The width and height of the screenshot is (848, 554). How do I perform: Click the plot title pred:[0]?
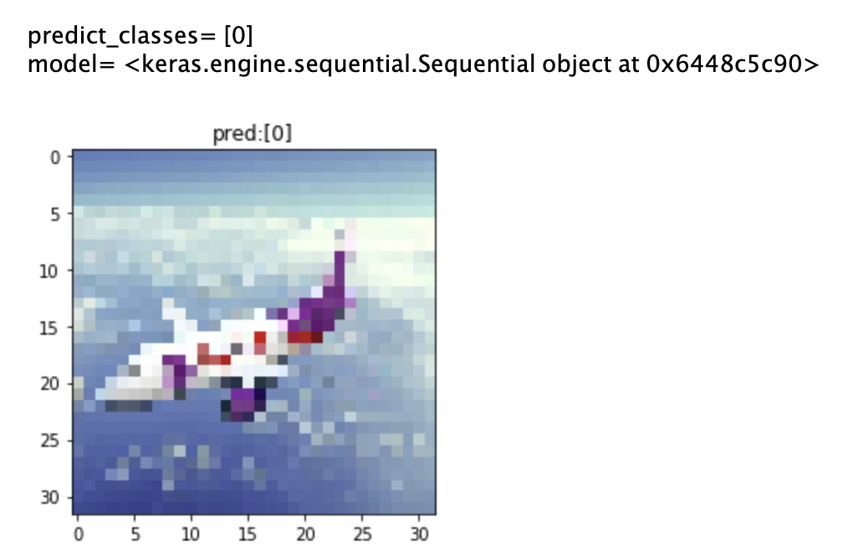coord(252,134)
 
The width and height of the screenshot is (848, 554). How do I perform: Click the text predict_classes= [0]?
coord(140,36)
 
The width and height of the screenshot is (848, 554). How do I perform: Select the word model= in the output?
coord(71,64)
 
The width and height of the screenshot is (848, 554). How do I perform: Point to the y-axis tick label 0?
coord(55,158)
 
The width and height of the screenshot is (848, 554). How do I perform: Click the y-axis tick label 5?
coord(55,215)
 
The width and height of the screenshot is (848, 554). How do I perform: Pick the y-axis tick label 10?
coord(49,271)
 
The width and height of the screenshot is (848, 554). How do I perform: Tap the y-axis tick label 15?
coord(49,328)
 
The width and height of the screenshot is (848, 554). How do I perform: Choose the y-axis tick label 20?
coord(49,384)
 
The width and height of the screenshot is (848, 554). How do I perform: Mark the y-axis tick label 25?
coord(49,441)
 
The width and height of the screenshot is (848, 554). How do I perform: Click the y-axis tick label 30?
coord(49,497)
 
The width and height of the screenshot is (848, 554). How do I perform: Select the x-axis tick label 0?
coord(79,535)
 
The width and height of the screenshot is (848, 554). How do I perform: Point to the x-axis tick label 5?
coord(135,535)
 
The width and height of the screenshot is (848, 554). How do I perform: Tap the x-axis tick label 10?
coord(192,535)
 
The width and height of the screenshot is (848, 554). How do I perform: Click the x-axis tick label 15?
coord(248,535)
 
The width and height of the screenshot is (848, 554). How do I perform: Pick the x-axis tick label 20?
coord(305,535)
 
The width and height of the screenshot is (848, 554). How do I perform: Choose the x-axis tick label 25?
coord(362,535)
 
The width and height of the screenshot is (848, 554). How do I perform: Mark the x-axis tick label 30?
coord(419,535)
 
